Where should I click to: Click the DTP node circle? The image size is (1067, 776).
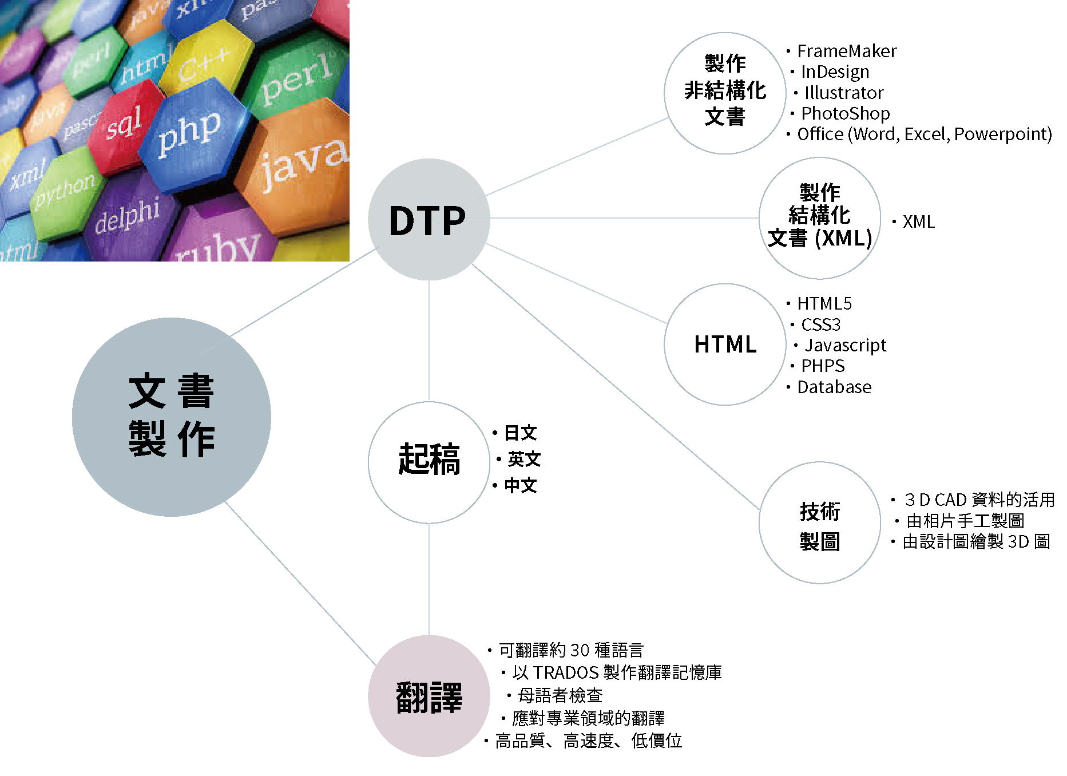tap(429, 220)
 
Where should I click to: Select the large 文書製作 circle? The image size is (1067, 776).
tap(172, 417)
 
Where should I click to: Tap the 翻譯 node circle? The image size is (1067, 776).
tap(429, 696)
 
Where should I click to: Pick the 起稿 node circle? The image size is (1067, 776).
tap(429, 462)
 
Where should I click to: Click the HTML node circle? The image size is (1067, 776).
tap(725, 345)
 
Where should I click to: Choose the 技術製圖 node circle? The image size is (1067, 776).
tap(820, 523)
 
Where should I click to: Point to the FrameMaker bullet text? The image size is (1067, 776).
tap(847, 52)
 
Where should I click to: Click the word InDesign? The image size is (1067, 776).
tap(835, 72)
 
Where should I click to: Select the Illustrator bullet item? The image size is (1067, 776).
tap(844, 93)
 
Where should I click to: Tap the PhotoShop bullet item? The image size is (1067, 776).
tap(846, 113)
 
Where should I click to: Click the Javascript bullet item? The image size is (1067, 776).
tap(845, 346)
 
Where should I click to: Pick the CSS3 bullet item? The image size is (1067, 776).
tap(821, 324)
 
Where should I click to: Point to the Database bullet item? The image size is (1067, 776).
tap(834, 387)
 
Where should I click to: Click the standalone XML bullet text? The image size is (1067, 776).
tap(919, 221)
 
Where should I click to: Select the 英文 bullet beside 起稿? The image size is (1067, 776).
tap(524, 459)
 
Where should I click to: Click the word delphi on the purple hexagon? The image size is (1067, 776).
tap(127, 216)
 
